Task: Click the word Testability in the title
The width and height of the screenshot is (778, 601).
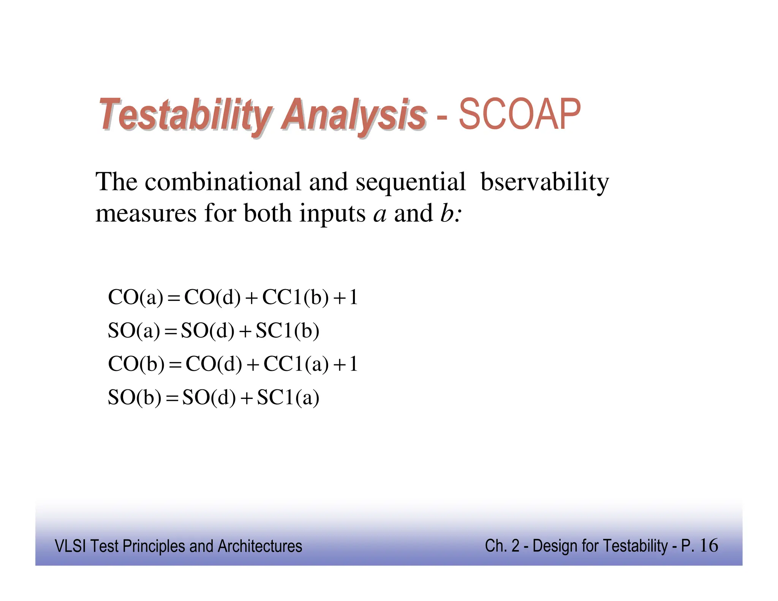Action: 185,114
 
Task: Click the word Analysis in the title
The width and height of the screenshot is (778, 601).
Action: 353,114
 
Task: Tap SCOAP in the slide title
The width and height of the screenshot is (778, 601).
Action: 520,114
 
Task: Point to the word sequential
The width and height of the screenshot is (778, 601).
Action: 410,182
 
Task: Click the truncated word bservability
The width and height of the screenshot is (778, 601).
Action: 544,182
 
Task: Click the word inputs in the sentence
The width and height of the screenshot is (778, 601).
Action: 332,214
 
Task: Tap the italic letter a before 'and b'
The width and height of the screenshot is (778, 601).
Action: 380,214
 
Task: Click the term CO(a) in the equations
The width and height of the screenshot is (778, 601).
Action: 135,297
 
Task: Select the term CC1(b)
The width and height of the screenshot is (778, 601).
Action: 295,297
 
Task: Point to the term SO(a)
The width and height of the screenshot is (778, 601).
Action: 134,331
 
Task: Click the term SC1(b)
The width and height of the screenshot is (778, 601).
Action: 287,331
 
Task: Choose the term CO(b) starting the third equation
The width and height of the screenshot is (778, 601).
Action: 136,364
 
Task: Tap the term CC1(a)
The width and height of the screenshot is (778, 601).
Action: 296,364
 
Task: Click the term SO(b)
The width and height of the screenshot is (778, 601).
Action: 134,398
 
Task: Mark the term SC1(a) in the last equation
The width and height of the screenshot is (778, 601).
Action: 288,398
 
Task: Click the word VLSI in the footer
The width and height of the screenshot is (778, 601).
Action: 70,546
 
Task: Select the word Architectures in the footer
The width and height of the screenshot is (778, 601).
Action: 260,546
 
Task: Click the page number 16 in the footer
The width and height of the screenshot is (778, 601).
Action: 708,546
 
